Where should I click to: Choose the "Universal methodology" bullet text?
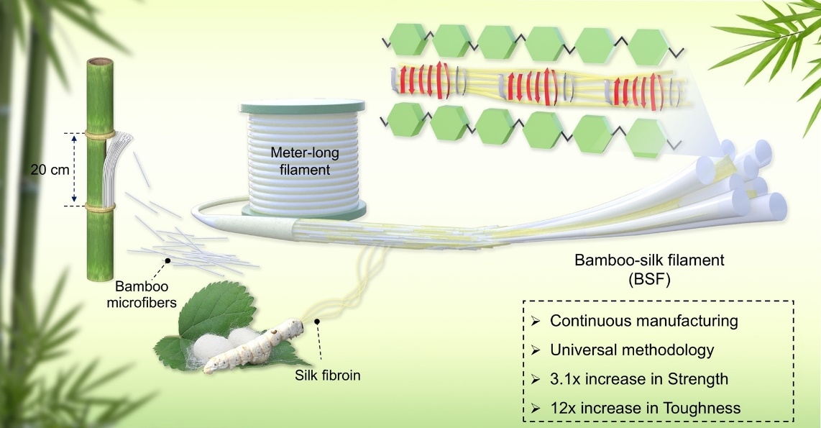point(632,350)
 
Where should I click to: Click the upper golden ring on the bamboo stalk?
point(101,135)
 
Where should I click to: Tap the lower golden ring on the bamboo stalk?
point(101,207)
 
